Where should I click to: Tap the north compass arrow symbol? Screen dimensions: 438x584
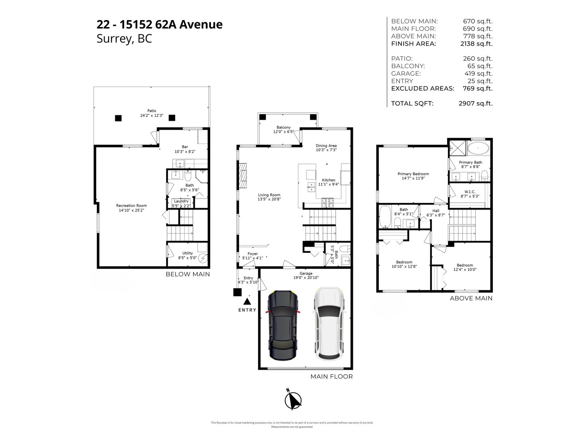click(x=293, y=400)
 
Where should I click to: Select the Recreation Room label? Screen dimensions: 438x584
click(x=131, y=205)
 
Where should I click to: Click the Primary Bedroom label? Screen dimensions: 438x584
click(x=413, y=174)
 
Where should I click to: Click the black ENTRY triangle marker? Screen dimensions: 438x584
click(x=247, y=301)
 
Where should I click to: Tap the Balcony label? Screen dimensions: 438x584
click(x=284, y=127)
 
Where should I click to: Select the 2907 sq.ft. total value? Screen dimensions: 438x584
click(x=475, y=103)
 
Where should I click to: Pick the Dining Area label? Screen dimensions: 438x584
click(x=326, y=146)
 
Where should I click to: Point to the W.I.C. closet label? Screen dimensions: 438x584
click(x=470, y=192)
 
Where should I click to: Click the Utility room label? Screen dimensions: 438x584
click(x=188, y=253)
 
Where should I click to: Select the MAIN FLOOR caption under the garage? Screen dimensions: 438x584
click(x=331, y=376)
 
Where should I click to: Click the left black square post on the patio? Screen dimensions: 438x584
click(x=118, y=118)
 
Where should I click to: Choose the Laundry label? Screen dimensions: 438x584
click(x=181, y=201)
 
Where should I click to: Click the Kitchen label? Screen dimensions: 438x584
click(x=328, y=180)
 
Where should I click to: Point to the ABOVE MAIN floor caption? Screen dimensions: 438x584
click(x=471, y=298)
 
